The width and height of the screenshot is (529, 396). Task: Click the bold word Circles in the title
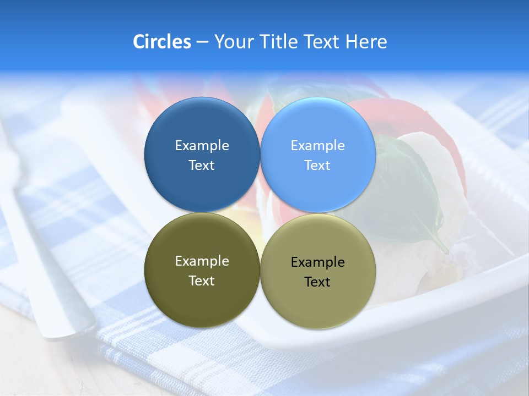coord(162,42)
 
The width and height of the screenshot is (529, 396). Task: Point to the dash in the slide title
coord(202,42)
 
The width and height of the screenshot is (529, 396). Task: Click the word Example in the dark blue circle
coord(202,146)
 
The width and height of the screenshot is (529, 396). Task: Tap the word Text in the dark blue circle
coord(202,166)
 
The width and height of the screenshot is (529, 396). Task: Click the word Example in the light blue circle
coord(317,146)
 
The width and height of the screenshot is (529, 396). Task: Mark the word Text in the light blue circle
coord(317,166)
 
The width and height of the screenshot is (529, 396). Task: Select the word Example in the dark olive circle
coord(202,261)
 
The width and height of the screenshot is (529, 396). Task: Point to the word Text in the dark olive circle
coord(202,281)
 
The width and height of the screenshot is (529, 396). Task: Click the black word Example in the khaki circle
coord(317,262)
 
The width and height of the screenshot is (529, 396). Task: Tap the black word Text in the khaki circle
coord(317,282)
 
